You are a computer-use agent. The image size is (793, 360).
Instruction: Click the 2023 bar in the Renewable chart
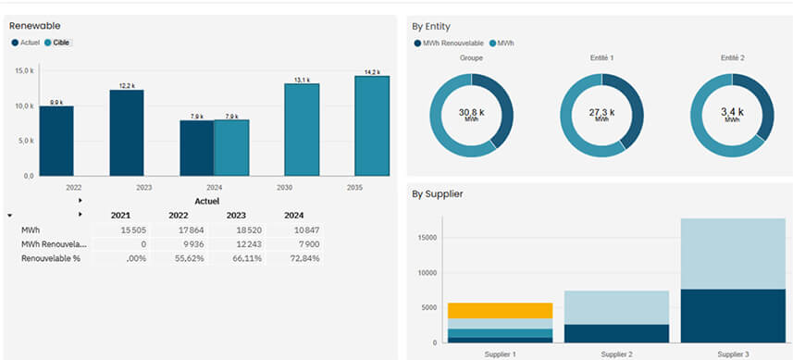tap(126, 132)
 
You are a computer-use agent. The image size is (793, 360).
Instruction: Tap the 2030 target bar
tap(302, 129)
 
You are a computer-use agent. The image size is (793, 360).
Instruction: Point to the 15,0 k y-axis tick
tap(23, 70)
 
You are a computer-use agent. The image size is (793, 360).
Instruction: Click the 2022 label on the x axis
tap(74, 187)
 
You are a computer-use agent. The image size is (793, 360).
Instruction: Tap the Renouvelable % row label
tap(52, 258)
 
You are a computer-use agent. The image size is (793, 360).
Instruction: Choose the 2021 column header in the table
tap(120, 215)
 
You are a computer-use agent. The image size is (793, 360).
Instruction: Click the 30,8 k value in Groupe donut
tap(471, 113)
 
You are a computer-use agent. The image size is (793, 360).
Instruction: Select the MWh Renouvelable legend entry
tap(450, 43)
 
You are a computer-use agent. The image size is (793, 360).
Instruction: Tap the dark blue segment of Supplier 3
tap(732, 316)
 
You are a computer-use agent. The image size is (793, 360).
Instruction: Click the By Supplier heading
tap(438, 194)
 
